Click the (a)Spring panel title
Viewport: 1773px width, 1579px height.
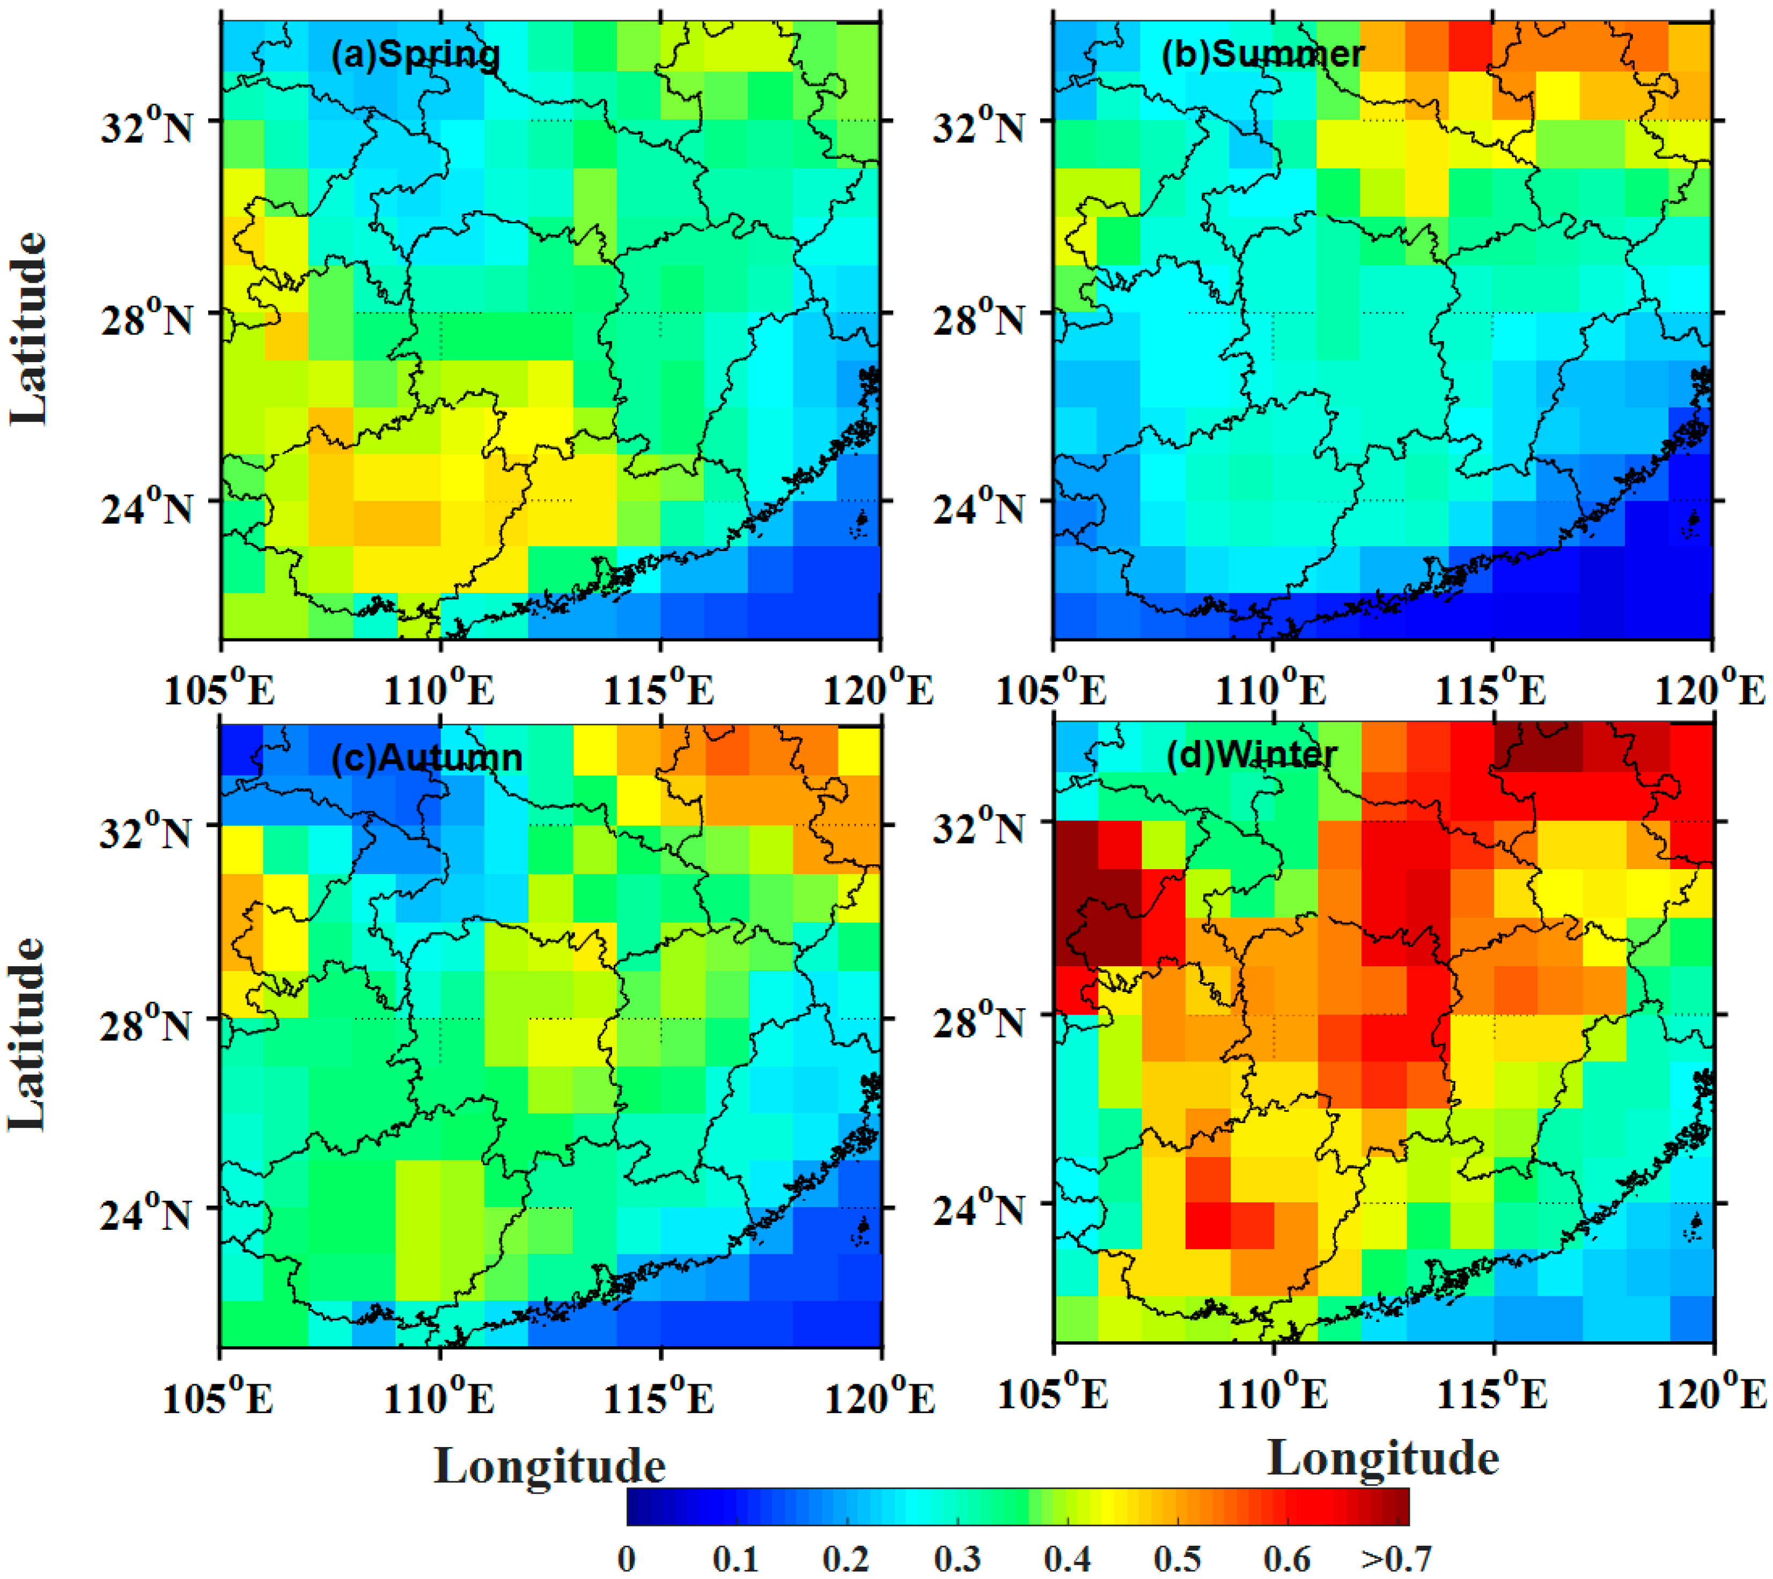click(x=416, y=54)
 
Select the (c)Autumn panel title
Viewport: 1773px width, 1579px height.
click(x=427, y=758)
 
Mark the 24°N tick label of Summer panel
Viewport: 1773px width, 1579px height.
click(x=977, y=506)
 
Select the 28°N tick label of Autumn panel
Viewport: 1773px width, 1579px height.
click(x=146, y=1025)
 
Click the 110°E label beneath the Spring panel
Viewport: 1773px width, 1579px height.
click(x=440, y=691)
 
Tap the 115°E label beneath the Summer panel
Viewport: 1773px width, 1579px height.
click(x=1491, y=691)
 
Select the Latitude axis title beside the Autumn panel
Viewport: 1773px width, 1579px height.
click(x=28, y=1034)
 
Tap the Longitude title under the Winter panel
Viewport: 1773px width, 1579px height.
click(x=1382, y=1458)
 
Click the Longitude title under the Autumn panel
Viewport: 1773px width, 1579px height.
click(x=550, y=1466)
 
